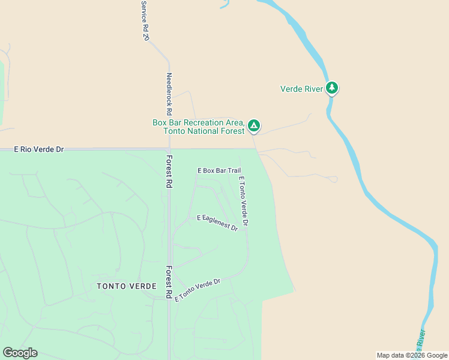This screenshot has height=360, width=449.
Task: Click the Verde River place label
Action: (x=302, y=89)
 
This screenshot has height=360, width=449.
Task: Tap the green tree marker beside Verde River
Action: (x=332, y=89)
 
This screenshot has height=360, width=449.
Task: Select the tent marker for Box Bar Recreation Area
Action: (x=254, y=126)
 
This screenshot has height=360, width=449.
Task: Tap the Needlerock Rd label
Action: (x=169, y=94)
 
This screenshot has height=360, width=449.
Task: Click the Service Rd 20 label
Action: (x=145, y=20)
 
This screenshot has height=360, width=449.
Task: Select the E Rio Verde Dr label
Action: (x=39, y=149)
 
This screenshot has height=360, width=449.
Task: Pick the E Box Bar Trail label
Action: (x=219, y=170)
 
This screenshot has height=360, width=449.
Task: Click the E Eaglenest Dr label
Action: (x=217, y=223)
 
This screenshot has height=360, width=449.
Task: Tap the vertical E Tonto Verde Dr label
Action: (x=243, y=201)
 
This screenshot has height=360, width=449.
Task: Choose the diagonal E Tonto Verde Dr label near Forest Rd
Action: (x=197, y=290)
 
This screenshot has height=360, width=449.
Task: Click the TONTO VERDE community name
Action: (x=127, y=286)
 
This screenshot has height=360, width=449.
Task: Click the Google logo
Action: (x=20, y=353)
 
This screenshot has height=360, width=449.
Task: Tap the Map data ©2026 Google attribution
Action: (x=412, y=355)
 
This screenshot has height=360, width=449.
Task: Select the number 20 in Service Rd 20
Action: (x=146, y=35)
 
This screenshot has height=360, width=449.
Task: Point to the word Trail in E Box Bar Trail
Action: (x=234, y=170)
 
